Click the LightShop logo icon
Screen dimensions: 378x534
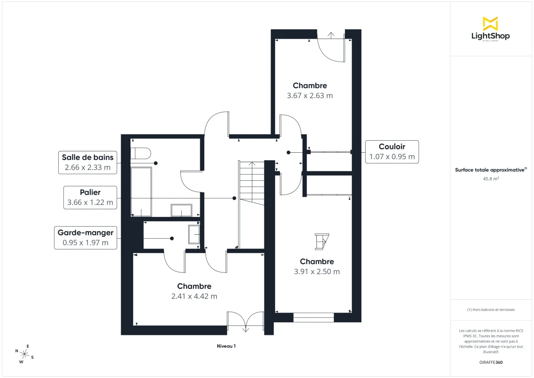tap(490, 24)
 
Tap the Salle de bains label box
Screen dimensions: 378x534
tap(88, 163)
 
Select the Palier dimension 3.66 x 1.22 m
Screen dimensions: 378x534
tap(90, 203)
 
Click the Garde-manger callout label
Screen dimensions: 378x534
tap(85, 237)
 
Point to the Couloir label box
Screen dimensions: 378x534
tap(392, 152)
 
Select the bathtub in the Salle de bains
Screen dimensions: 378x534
tap(141, 191)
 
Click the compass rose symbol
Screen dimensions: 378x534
tap(24, 354)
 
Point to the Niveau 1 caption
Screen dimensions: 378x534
tap(226, 346)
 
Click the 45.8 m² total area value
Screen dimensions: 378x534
tap(490, 179)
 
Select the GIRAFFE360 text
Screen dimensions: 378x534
tap(490, 362)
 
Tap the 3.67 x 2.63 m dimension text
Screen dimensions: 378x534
tap(310, 95)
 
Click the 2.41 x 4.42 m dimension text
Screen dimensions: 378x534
tap(194, 296)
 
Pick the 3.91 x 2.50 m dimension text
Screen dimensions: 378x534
tap(317, 272)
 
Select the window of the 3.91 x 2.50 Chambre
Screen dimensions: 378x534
tap(314, 317)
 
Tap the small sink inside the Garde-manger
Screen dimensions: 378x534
tap(194, 234)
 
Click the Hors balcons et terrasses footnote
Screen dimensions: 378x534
tap(490, 309)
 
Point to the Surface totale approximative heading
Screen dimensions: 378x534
tap(490, 169)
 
